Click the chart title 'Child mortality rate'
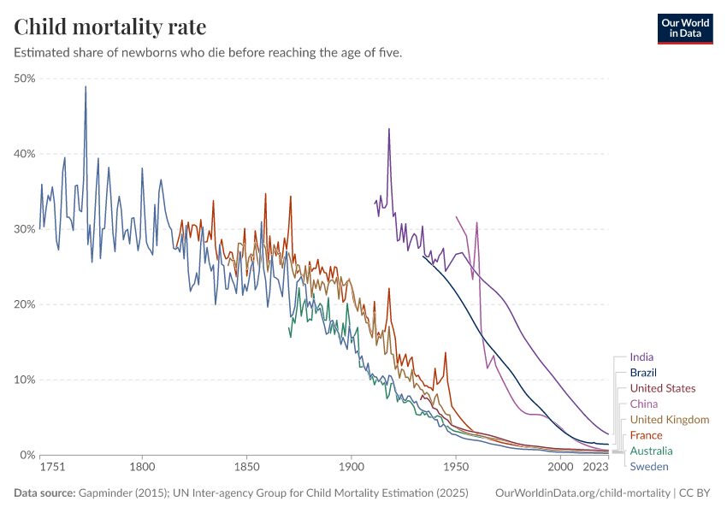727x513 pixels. (x=110, y=27)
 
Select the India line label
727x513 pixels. (x=641, y=357)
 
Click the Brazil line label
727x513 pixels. (x=643, y=373)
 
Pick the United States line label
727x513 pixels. (x=662, y=388)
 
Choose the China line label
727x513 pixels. (x=643, y=404)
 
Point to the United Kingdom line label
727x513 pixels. (x=669, y=419)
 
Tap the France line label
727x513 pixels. (x=646, y=435)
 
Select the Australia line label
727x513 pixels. (x=651, y=451)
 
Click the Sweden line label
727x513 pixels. (x=648, y=466)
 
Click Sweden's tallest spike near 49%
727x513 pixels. (x=86, y=86)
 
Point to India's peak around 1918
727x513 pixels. (x=389, y=129)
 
